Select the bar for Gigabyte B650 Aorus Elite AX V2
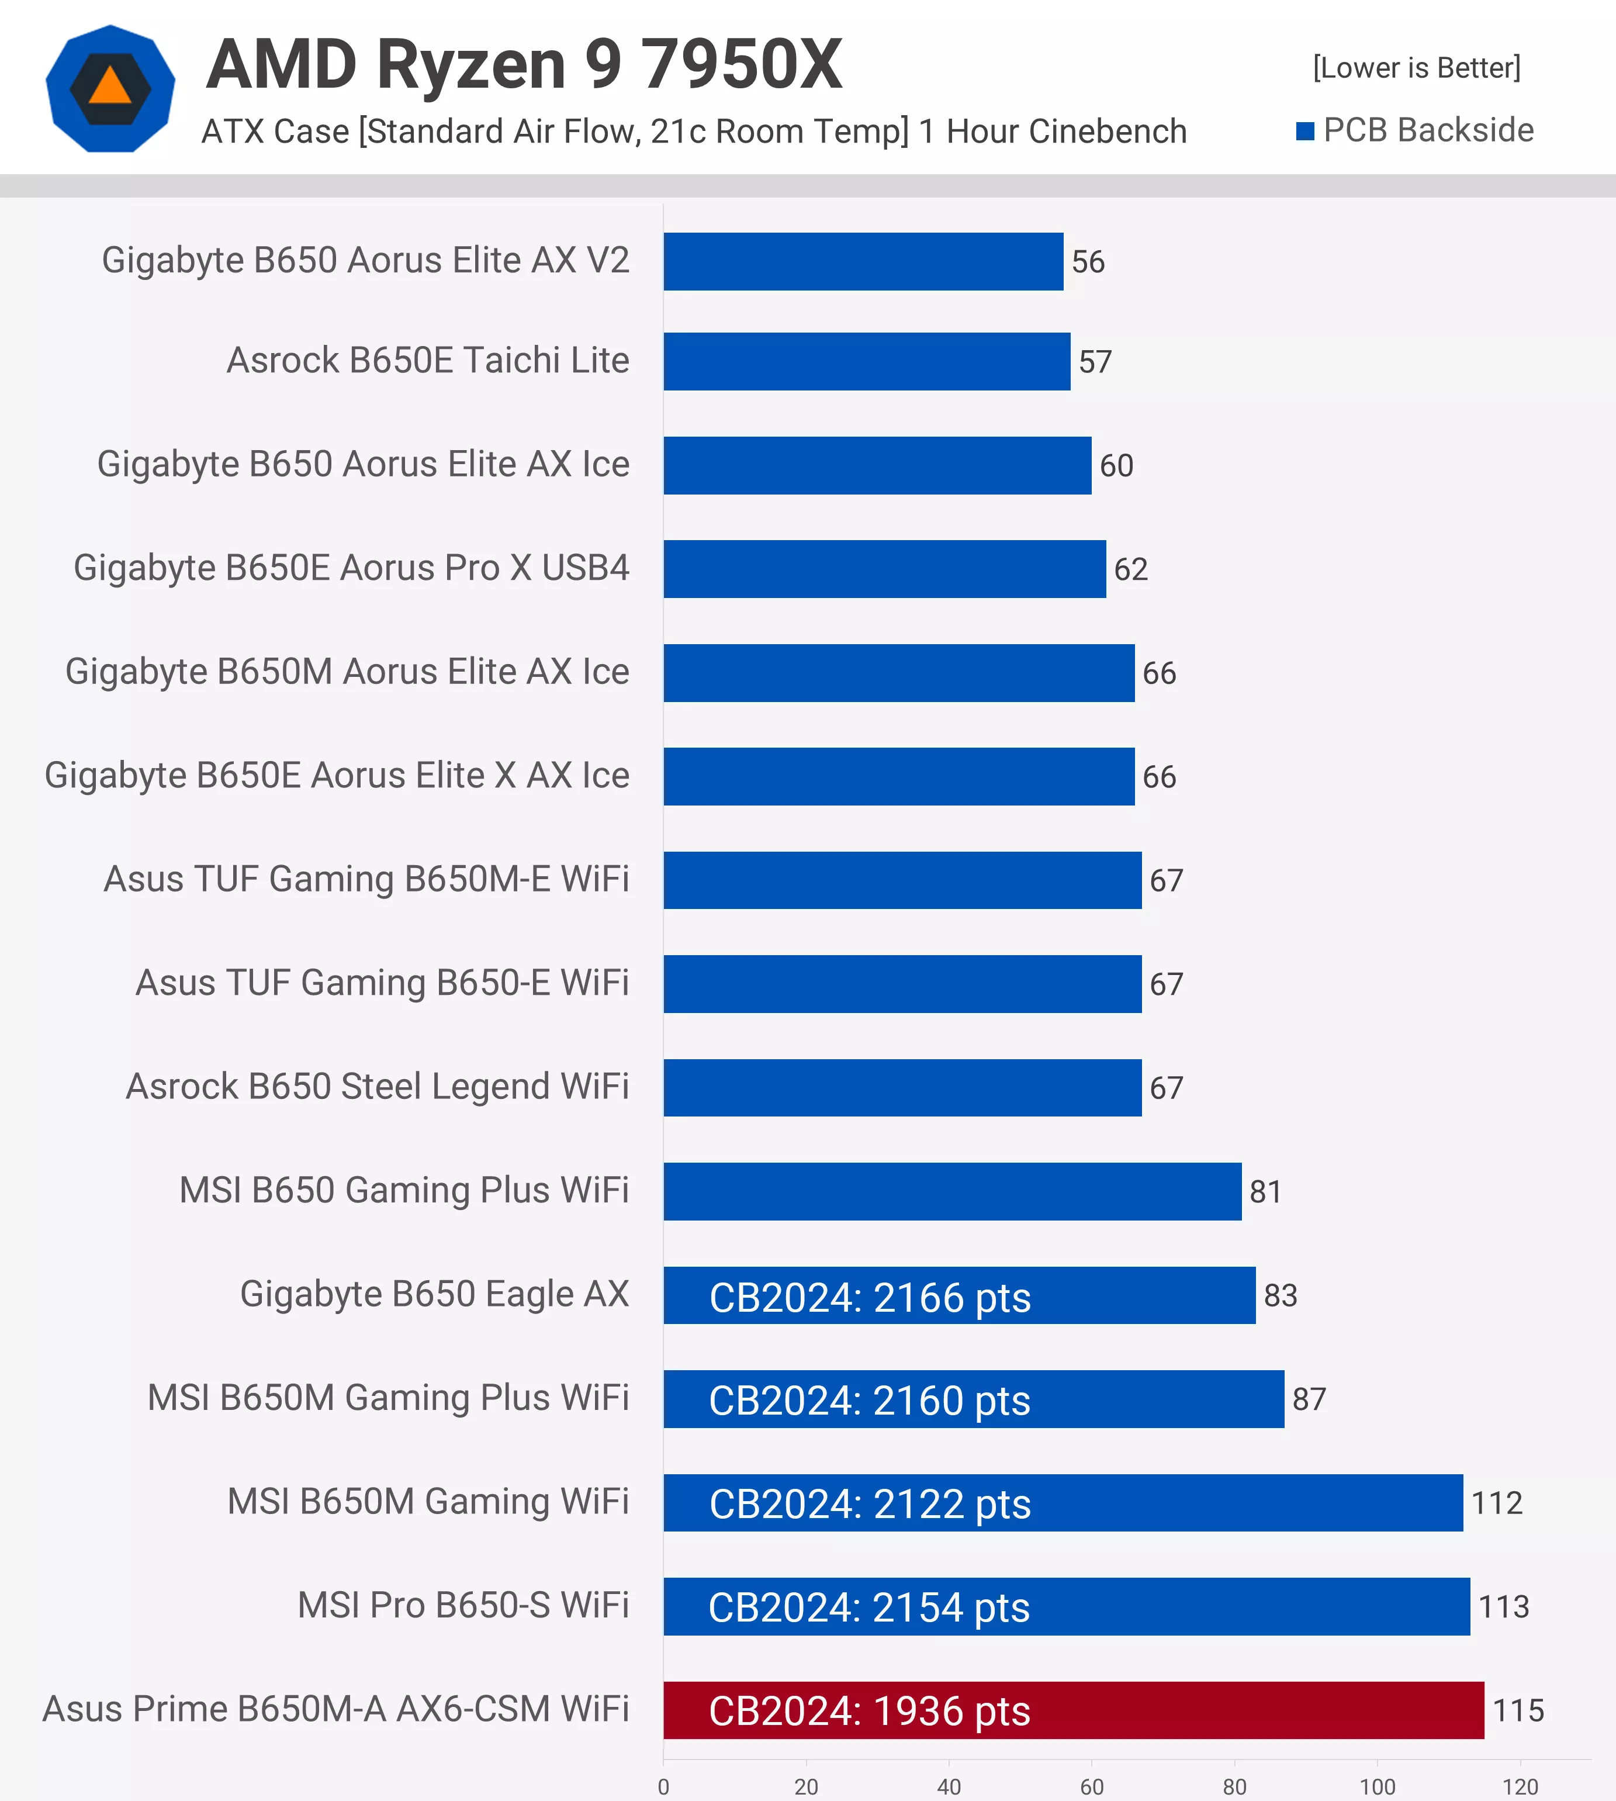pos(863,261)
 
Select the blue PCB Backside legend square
pos(1304,132)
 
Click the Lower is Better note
pos(1416,67)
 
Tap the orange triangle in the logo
pos(110,87)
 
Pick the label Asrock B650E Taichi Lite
pos(427,361)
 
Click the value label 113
pos(1503,1606)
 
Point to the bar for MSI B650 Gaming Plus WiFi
pos(952,1191)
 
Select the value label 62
pos(1130,569)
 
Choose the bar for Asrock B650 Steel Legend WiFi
pos(902,1087)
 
